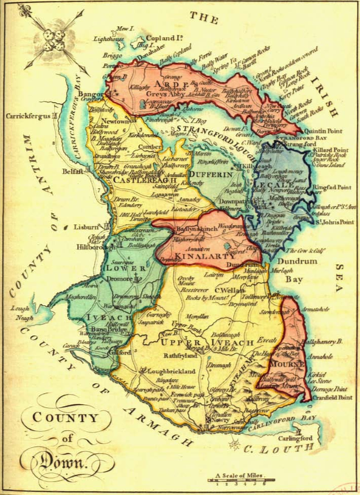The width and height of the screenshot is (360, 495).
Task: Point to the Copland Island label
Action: tap(167, 34)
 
